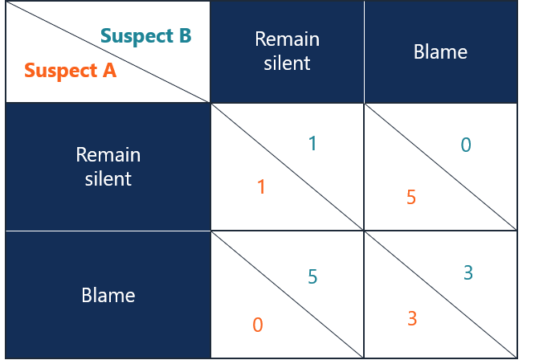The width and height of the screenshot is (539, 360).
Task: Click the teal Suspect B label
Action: click(x=146, y=36)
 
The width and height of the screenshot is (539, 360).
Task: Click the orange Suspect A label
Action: click(x=71, y=70)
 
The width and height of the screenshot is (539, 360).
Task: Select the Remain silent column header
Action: click(x=287, y=51)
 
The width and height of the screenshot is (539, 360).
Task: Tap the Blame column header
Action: click(x=440, y=52)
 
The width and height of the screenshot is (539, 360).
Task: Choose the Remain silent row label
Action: click(x=108, y=166)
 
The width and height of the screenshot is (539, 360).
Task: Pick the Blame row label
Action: click(x=108, y=295)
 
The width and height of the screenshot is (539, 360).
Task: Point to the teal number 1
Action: click(x=312, y=145)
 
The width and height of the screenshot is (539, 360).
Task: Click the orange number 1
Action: click(x=261, y=187)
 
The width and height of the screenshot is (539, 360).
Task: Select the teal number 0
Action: click(x=466, y=145)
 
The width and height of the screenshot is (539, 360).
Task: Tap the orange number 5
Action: click(x=411, y=197)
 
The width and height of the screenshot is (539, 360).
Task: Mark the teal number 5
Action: click(x=312, y=277)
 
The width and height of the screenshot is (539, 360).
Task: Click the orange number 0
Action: click(x=258, y=325)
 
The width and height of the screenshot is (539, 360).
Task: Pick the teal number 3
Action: click(x=468, y=273)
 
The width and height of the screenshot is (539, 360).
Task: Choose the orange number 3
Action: click(x=412, y=318)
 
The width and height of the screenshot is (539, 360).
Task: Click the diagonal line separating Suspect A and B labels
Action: click(x=108, y=52)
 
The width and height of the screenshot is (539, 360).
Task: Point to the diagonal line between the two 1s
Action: click(x=287, y=167)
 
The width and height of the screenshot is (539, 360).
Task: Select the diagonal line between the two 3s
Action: click(x=440, y=295)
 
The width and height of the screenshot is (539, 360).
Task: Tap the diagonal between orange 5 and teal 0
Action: click(x=440, y=167)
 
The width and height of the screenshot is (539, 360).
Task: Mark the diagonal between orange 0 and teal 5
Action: click(x=287, y=295)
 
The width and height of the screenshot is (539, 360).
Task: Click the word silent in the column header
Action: click(x=287, y=62)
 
